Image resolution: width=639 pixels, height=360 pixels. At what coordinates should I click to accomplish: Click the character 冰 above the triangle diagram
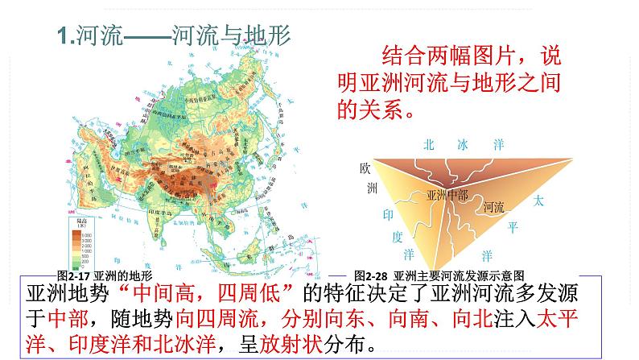[x=462, y=145]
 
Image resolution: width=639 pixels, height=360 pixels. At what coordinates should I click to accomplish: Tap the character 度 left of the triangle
[x=395, y=237]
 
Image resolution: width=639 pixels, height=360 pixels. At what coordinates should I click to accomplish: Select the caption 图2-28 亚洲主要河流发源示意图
[x=439, y=274]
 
